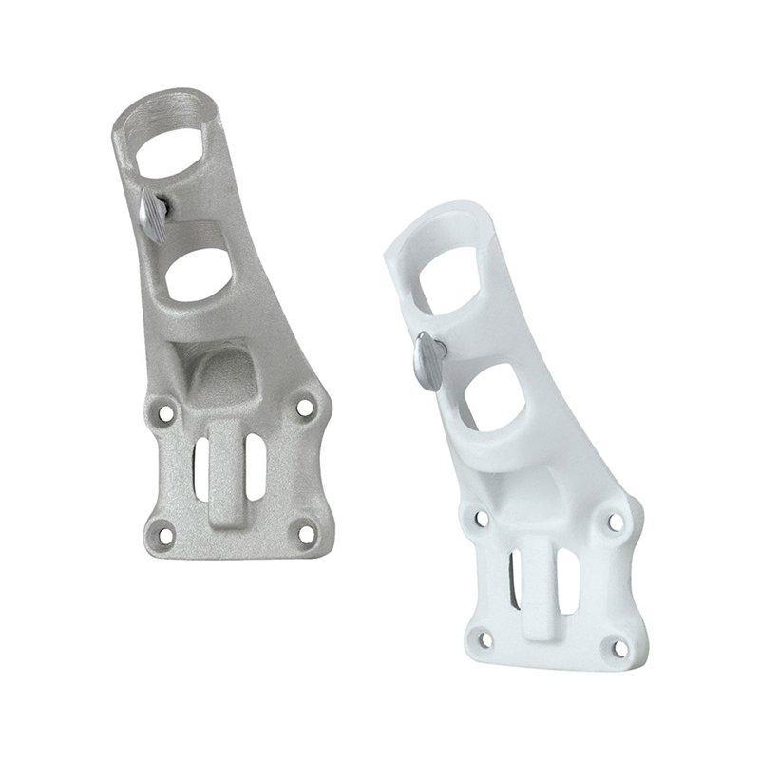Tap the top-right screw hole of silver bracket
304,407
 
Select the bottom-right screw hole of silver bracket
306,532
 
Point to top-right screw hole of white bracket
615,522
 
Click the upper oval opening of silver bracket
174,142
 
